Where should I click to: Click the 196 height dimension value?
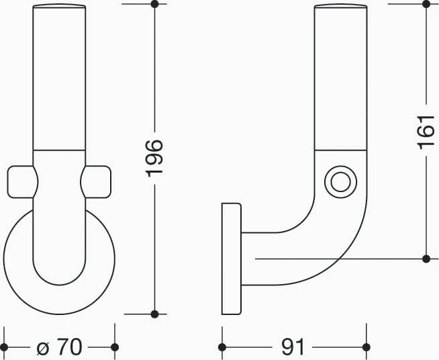pyautogui.click(x=154, y=159)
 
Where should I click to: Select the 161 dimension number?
pyautogui.click(x=426, y=132)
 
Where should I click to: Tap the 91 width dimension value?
pyautogui.click(x=293, y=347)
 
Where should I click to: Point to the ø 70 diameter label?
pyautogui.click(x=59, y=347)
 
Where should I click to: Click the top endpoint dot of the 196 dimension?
pyautogui.click(x=154, y=4)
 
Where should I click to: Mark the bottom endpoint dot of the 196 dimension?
pyautogui.click(x=154, y=314)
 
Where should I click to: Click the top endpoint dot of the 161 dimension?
pyautogui.click(x=426, y=4)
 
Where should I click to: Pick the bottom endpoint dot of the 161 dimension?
pyautogui.click(x=426, y=259)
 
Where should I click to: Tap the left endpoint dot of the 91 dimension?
pyautogui.click(x=222, y=347)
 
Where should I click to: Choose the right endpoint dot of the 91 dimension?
pyautogui.click(x=367, y=347)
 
